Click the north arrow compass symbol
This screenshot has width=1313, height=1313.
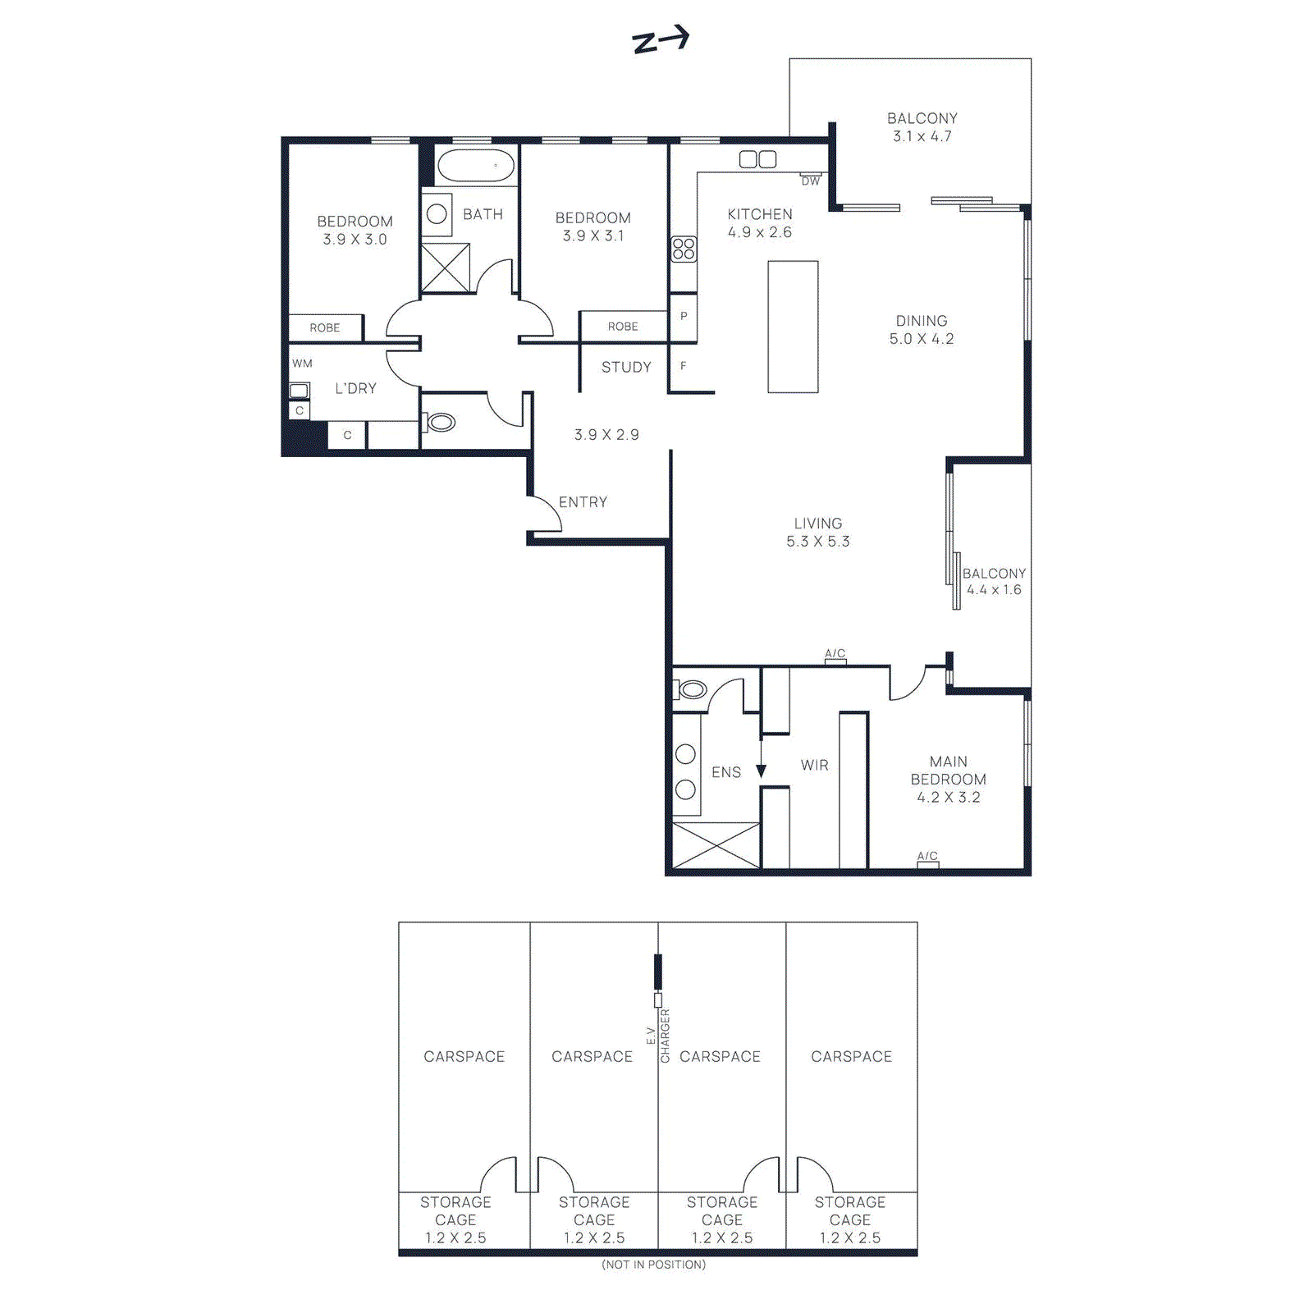tap(661, 40)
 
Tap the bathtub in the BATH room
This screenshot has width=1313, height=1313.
tap(476, 166)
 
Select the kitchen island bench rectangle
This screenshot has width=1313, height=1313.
tap(793, 327)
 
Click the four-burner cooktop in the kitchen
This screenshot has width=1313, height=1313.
tap(684, 249)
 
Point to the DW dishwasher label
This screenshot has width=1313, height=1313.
tap(811, 181)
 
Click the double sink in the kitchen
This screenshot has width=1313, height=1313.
tap(757, 159)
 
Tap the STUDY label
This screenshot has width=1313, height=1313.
tap(626, 368)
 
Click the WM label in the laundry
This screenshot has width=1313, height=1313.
tap(302, 364)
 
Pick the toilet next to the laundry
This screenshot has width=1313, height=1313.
tap(440, 423)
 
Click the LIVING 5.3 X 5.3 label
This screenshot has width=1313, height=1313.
tap(818, 533)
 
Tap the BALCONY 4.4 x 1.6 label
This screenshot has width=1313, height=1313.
tap(994, 581)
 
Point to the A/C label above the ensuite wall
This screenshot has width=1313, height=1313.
tap(835, 653)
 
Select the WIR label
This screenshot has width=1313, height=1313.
tap(815, 765)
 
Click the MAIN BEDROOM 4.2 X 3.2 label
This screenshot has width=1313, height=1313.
tap(948, 779)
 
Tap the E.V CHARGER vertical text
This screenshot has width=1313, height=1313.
tap(658, 1036)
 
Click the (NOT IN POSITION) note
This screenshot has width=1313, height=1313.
tap(653, 1265)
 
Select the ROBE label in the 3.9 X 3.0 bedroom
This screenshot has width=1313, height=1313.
tap(325, 327)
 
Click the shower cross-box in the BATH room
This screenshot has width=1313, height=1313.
tap(446, 268)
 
